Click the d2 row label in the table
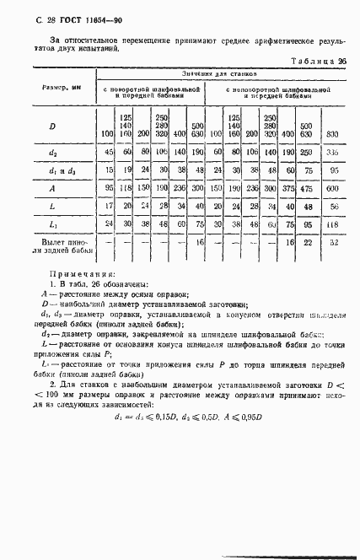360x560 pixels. (x=52, y=153)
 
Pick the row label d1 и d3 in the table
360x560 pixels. (x=52, y=170)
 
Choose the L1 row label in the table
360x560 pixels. (x=52, y=225)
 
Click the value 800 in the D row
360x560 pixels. (x=332, y=135)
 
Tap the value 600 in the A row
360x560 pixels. (x=332, y=189)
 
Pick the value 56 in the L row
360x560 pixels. (x=332, y=207)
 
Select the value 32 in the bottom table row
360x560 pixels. (x=332, y=243)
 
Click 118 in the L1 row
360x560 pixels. (x=332, y=225)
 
